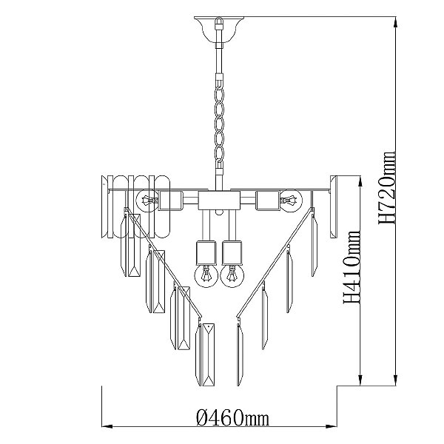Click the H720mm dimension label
point(387,188)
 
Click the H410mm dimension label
point(352,267)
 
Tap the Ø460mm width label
point(232,417)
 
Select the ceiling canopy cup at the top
point(219,30)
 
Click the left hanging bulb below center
point(206,275)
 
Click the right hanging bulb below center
point(232,275)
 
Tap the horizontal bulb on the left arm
point(147,201)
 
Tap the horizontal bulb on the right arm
point(291,201)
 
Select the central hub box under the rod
point(219,201)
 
